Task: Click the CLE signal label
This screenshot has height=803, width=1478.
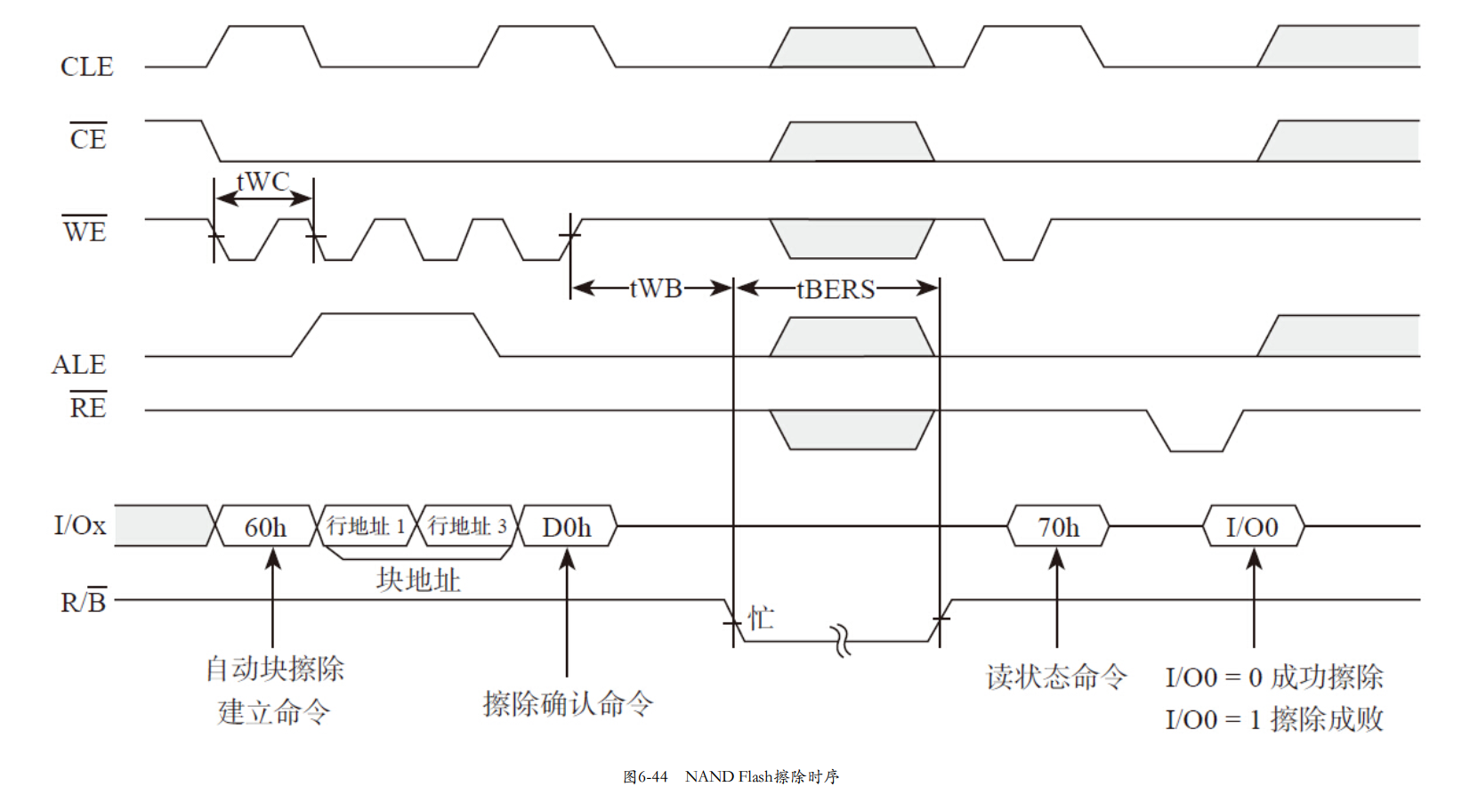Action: pos(86,67)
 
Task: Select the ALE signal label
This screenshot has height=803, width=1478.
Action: pos(78,365)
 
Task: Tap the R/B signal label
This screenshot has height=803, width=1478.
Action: pos(83,602)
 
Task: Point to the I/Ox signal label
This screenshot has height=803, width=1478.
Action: pos(79,525)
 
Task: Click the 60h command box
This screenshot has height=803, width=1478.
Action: pos(265,527)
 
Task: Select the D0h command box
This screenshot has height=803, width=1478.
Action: pos(567,527)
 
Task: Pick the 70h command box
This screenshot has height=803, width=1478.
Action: pos(1058,527)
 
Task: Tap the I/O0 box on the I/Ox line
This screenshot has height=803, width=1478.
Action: pos(1252,527)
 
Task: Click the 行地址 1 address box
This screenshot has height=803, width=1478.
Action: pos(366,526)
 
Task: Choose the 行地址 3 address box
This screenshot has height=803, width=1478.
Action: pos(467,526)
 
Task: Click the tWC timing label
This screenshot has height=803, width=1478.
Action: pos(262,182)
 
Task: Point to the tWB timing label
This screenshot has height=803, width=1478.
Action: pos(655,288)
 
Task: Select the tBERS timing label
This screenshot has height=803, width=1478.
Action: pos(836,289)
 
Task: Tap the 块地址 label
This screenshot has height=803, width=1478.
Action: pos(417,580)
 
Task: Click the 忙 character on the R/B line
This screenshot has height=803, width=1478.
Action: pos(761,618)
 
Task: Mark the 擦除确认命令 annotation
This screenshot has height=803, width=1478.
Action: pos(568,703)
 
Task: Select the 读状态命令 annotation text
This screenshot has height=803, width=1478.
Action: pos(1056,677)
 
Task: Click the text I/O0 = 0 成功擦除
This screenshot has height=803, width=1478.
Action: pos(1273,677)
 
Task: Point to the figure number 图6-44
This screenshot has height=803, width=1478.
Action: pos(645,776)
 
